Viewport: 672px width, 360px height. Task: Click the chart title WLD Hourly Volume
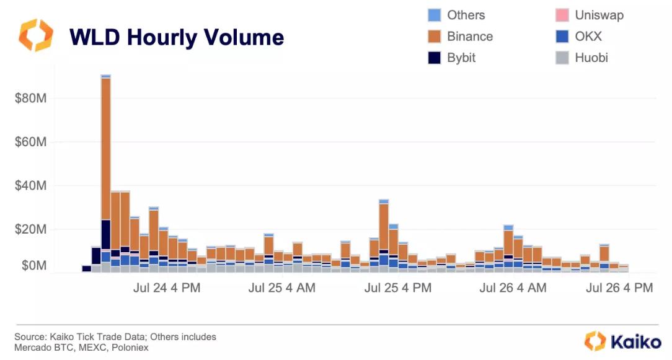click(x=177, y=37)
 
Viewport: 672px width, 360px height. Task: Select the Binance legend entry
click(x=469, y=37)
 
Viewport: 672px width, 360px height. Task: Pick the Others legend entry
click(x=466, y=15)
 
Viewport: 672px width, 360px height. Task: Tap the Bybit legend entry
click(x=461, y=58)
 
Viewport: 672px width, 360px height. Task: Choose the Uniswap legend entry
click(x=599, y=15)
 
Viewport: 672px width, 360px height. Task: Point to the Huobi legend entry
click(x=591, y=58)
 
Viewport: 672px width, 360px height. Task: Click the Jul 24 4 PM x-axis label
click(x=167, y=288)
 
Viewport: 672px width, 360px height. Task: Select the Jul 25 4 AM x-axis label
click(x=282, y=288)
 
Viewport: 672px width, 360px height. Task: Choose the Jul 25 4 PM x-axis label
click(x=398, y=288)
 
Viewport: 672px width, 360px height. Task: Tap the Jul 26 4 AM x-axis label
click(x=513, y=288)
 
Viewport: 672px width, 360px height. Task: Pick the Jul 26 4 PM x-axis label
click(x=619, y=288)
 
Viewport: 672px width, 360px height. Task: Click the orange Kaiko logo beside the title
click(x=36, y=36)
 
